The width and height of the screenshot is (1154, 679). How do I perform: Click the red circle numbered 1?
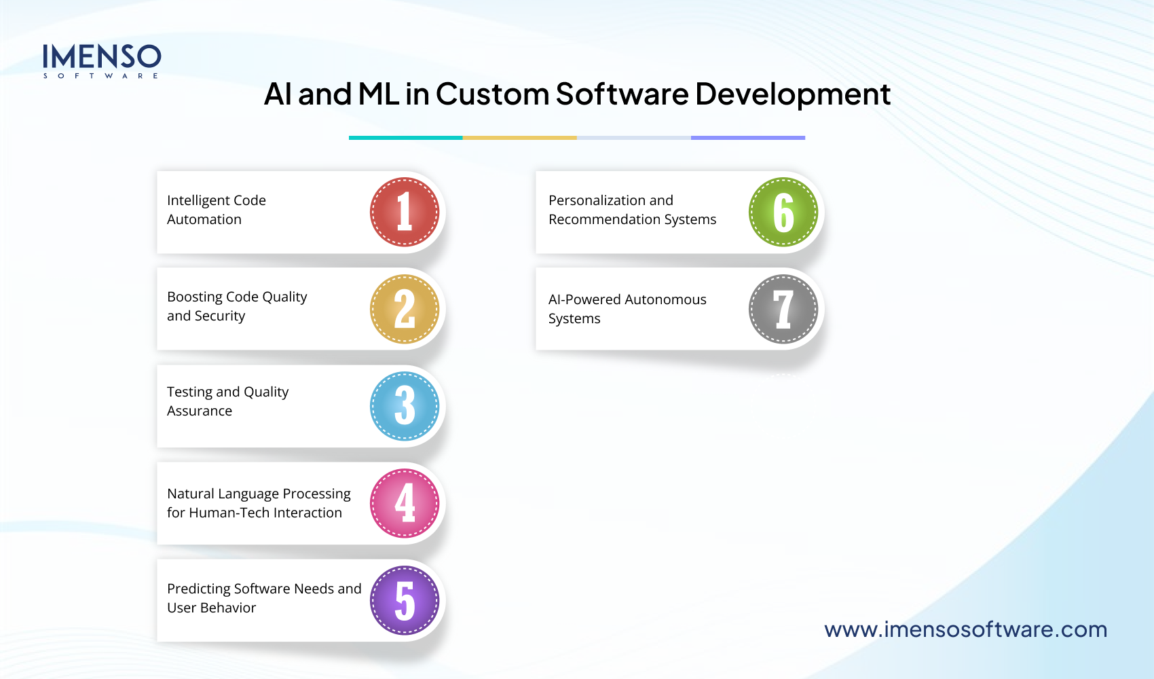click(405, 212)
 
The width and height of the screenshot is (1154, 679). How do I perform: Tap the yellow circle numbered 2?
click(405, 309)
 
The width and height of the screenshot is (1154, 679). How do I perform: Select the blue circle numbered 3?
click(405, 406)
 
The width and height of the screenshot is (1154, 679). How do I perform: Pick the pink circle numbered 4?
click(405, 503)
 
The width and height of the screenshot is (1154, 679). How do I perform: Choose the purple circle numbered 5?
click(405, 600)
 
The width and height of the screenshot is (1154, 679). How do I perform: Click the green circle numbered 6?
click(783, 212)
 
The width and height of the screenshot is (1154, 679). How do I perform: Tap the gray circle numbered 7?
click(783, 309)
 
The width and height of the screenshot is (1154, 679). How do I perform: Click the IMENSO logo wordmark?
click(102, 58)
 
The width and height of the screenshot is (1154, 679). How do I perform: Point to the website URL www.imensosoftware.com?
click(965, 629)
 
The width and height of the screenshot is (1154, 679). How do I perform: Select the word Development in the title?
click(792, 94)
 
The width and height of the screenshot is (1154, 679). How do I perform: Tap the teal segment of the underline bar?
click(406, 138)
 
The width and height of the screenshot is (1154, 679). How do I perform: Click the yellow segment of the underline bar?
click(520, 138)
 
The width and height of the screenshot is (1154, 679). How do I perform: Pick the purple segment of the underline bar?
click(748, 138)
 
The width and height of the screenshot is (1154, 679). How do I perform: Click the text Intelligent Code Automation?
click(216, 210)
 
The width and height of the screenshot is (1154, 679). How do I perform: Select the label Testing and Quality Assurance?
click(227, 401)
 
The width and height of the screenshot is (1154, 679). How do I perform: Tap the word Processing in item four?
click(316, 494)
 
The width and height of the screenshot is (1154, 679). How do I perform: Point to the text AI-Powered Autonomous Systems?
click(627, 309)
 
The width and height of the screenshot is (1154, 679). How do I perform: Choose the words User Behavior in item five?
click(211, 608)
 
